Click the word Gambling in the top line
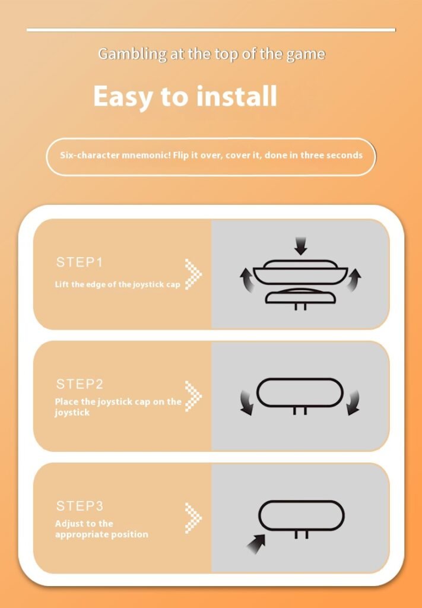click(132, 54)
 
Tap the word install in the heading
click(237, 96)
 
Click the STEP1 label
click(80, 262)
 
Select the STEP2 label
click(80, 384)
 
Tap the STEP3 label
click(80, 506)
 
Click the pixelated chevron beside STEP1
click(193, 274)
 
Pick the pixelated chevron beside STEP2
click(193, 396)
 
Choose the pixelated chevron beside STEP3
click(193, 518)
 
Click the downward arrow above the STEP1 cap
click(300, 246)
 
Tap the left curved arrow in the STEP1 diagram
click(248, 280)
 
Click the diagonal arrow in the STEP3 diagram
click(256, 543)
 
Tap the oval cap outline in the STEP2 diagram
click(300, 378)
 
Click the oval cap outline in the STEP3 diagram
click(301, 501)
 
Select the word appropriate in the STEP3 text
click(82, 535)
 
